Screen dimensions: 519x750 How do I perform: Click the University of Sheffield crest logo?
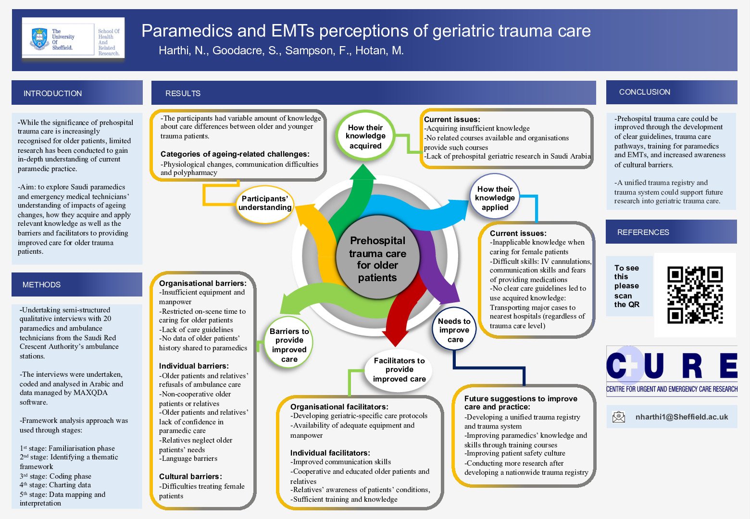39,39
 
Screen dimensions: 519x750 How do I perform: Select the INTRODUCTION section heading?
52,93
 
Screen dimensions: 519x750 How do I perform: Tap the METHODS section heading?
41,284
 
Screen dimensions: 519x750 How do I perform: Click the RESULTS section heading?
183,93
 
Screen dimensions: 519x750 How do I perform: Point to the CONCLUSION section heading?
644,92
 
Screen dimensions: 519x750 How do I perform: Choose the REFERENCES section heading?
643,232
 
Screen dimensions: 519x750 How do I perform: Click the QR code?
695,295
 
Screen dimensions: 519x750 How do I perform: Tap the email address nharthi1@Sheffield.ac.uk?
681,417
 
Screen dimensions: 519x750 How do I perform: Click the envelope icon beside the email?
619,417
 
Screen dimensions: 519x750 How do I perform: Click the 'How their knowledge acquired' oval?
365,136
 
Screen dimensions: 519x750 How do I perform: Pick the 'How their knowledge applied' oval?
495,198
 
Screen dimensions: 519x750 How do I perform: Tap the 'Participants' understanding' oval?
265,203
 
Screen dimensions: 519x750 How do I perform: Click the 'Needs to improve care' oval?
454,330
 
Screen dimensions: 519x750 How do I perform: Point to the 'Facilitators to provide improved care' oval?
399,370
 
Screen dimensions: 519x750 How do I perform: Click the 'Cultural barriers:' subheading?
190,476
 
